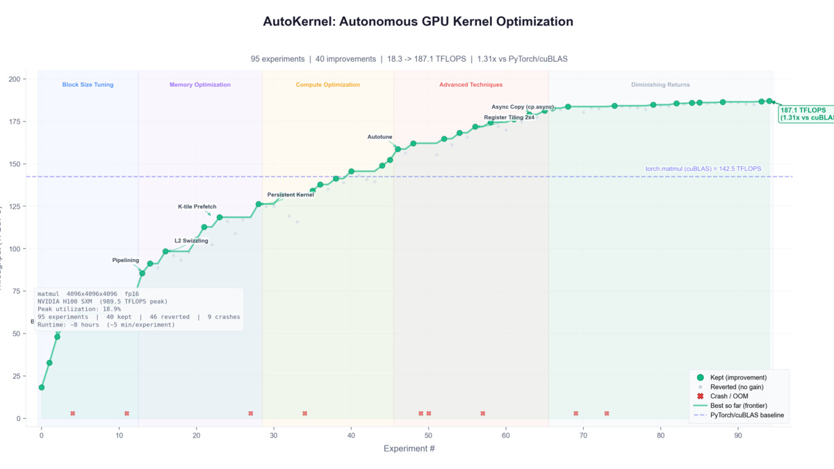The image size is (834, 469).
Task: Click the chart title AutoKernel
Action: point(418,22)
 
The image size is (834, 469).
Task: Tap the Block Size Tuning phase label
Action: point(88,85)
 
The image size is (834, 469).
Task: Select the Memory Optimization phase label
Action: point(200,85)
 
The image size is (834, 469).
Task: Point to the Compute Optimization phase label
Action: point(328,85)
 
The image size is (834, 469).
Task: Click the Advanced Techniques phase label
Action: point(471,85)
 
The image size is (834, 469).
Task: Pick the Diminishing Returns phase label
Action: point(660,85)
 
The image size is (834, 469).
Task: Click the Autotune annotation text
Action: point(380,137)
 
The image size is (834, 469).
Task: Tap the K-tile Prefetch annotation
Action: point(197,206)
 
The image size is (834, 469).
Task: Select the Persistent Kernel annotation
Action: point(291,195)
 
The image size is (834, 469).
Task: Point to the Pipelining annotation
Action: point(126,260)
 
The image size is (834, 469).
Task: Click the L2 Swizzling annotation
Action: point(191,240)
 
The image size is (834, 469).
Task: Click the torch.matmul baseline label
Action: point(703,169)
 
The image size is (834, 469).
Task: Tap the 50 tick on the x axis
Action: point(428,436)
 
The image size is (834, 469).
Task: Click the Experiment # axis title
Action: point(409,449)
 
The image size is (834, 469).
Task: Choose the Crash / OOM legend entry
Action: point(728,395)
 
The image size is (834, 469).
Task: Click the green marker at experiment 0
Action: point(42,387)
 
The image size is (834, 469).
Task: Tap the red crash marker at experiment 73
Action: point(607,413)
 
